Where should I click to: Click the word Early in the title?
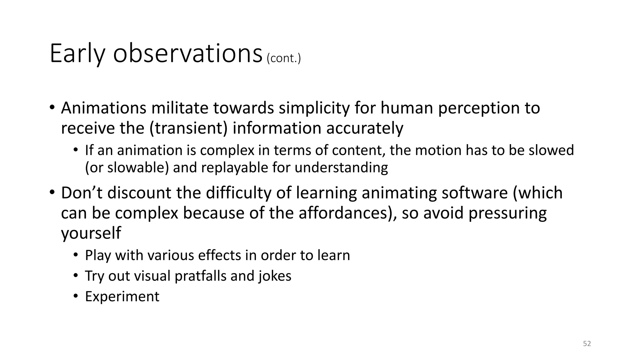click(77, 54)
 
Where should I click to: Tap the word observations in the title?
click(187, 54)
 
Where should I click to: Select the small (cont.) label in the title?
click(284, 58)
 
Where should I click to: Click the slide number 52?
click(587, 344)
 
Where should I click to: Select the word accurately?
click(365, 128)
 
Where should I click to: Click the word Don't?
click(82, 193)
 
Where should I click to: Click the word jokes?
click(275, 276)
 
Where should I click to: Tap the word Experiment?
click(122, 297)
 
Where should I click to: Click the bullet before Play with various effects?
click(75, 255)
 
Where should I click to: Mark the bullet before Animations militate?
click(52, 108)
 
